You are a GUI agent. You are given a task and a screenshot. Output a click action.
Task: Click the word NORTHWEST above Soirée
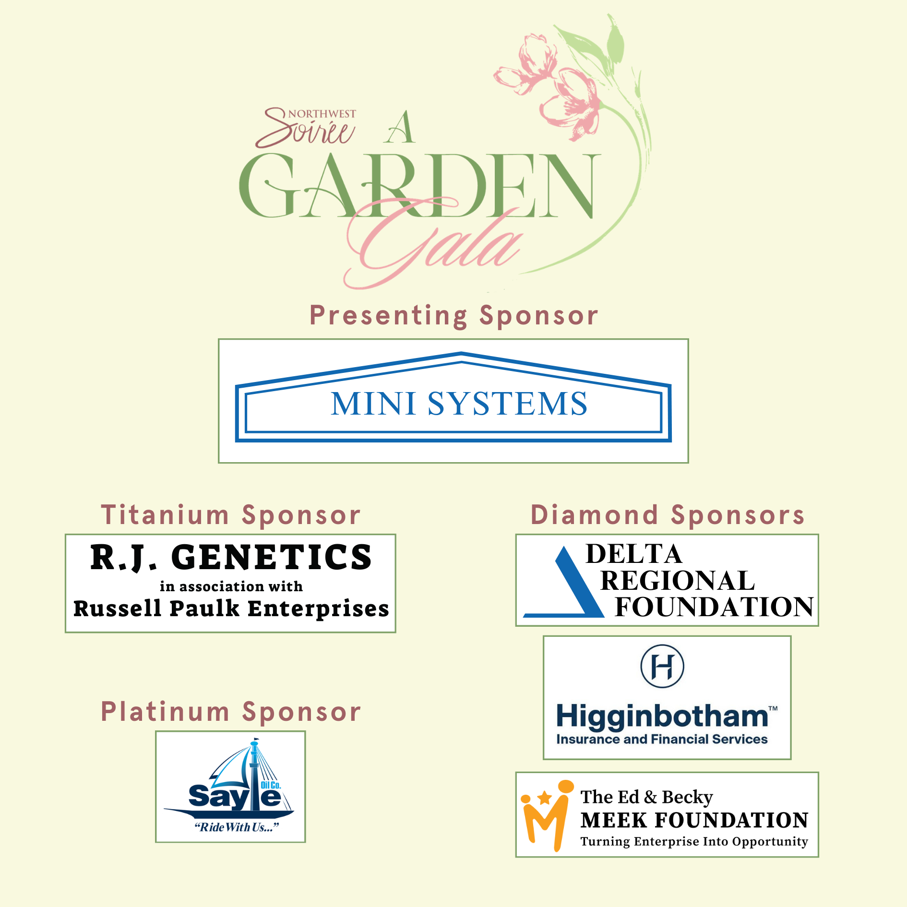(322, 114)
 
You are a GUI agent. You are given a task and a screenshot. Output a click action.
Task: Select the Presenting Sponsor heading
(453, 316)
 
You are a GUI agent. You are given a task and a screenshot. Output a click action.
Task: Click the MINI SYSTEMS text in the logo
(459, 404)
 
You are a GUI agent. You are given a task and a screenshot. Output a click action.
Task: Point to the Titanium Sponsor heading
(230, 515)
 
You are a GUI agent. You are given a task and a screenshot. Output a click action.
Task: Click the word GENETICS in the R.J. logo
(272, 558)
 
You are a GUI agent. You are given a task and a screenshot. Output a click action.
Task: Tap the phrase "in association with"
(231, 586)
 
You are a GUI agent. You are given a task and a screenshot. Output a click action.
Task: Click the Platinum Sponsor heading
(230, 712)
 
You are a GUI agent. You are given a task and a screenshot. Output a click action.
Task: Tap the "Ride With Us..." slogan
(236, 827)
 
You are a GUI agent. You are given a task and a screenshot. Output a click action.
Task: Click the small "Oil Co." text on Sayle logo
(271, 786)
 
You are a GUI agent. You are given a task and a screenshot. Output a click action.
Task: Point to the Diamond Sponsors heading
(667, 515)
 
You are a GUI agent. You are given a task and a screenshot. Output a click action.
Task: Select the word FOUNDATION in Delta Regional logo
(714, 607)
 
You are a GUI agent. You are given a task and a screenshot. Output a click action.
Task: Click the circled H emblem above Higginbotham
(662, 667)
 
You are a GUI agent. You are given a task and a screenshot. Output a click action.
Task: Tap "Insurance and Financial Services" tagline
(662, 740)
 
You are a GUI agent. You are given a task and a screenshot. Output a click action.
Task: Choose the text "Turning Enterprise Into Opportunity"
(694, 842)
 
